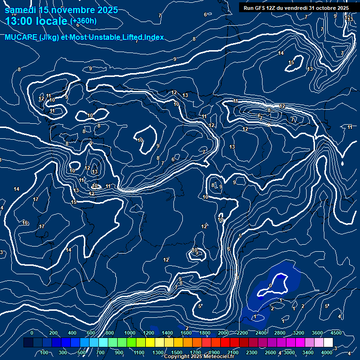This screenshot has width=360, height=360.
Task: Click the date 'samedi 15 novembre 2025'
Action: coord(61,10)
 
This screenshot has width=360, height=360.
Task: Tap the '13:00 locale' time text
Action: coord(37,21)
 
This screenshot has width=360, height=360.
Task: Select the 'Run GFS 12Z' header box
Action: coord(296,7)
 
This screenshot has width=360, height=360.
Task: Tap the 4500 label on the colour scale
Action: coord(335,333)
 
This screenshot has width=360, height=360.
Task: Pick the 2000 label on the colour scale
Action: coord(224,333)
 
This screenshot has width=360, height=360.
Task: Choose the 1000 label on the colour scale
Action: coord(130,333)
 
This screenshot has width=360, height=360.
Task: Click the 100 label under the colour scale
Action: coord(45,352)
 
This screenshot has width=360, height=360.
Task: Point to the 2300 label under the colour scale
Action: coord(251,352)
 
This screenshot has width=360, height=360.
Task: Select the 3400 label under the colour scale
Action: coord(307,352)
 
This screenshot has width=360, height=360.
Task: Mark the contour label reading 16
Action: coord(25,223)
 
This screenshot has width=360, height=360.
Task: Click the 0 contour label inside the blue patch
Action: coord(270,285)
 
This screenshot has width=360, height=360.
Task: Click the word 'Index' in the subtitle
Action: coord(154,37)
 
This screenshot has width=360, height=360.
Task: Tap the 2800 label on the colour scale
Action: coord(279,333)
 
